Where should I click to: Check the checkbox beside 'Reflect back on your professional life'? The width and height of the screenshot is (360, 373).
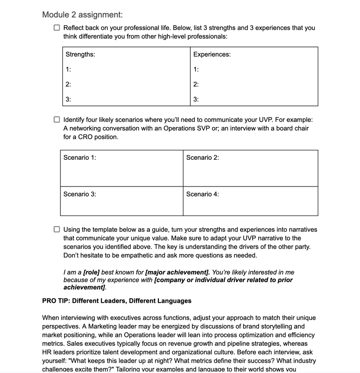point(57,28)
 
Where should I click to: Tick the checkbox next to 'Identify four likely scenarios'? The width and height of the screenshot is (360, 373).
point(57,119)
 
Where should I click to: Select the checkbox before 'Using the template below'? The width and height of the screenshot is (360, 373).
point(57,230)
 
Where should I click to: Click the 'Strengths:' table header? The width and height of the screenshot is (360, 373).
point(80,54)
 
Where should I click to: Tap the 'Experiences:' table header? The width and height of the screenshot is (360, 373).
point(212,54)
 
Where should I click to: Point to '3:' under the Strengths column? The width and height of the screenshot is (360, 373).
point(68,99)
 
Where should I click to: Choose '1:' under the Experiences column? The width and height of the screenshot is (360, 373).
point(196,69)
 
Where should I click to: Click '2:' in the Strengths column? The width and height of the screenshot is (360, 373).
point(68,84)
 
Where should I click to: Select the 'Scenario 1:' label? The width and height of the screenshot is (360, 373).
point(80,157)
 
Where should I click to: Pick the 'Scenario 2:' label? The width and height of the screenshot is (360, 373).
point(202,157)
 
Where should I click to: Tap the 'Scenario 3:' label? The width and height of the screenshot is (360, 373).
point(80,194)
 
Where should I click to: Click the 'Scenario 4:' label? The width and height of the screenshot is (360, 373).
point(202,194)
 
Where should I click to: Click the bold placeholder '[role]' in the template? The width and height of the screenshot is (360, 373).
point(91,272)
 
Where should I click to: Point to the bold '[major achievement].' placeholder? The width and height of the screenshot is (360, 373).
point(178,272)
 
